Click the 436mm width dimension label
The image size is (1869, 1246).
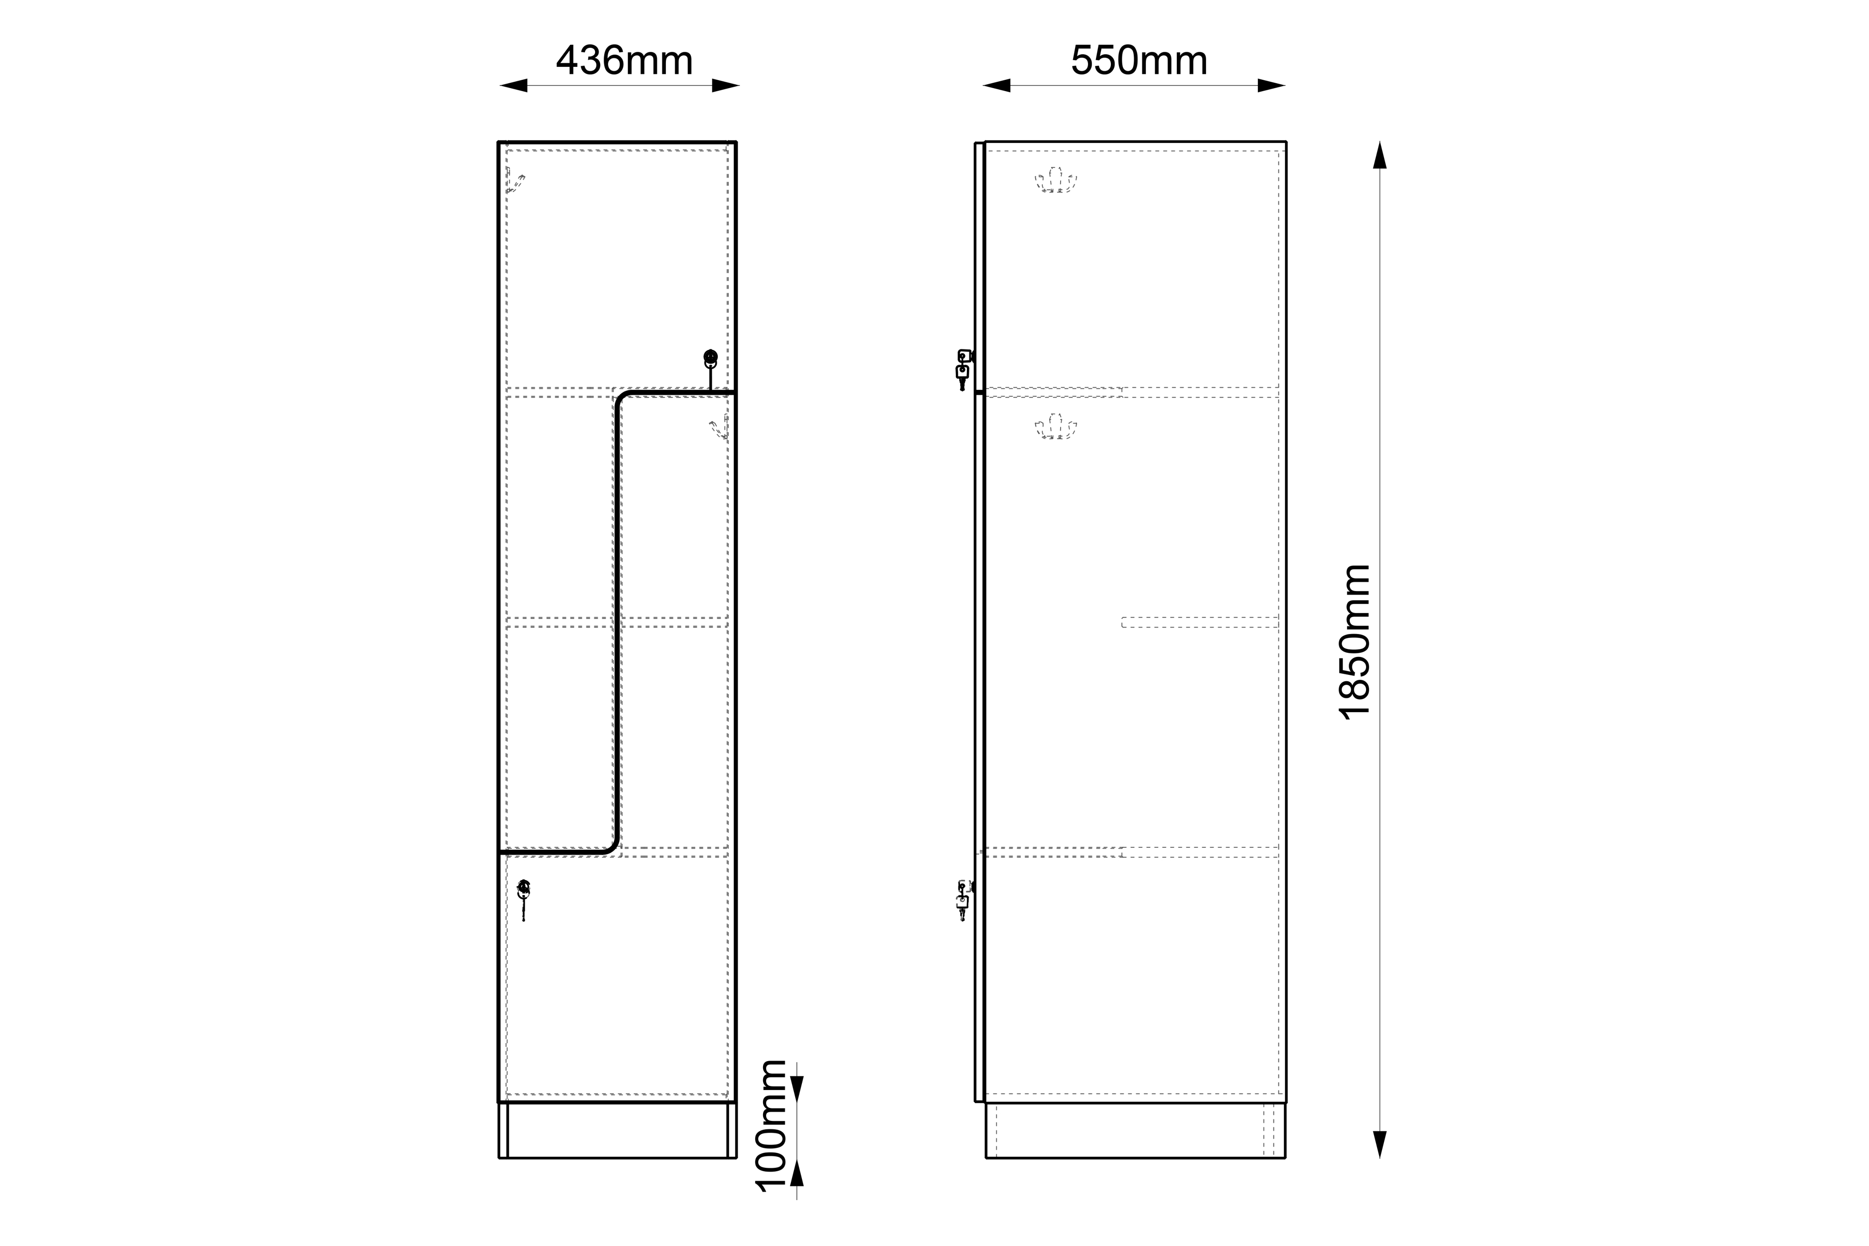tap(624, 60)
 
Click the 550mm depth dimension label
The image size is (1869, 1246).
tap(1139, 60)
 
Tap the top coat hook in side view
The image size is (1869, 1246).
tap(1055, 180)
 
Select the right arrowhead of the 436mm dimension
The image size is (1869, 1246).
tap(726, 86)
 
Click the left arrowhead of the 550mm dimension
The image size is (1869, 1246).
tap(996, 86)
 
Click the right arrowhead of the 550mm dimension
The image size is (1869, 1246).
tap(1271, 86)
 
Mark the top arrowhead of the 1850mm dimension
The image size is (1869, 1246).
tap(1380, 155)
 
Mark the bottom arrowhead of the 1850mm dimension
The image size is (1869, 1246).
tap(1380, 1144)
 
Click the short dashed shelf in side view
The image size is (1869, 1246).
tap(1200, 622)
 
